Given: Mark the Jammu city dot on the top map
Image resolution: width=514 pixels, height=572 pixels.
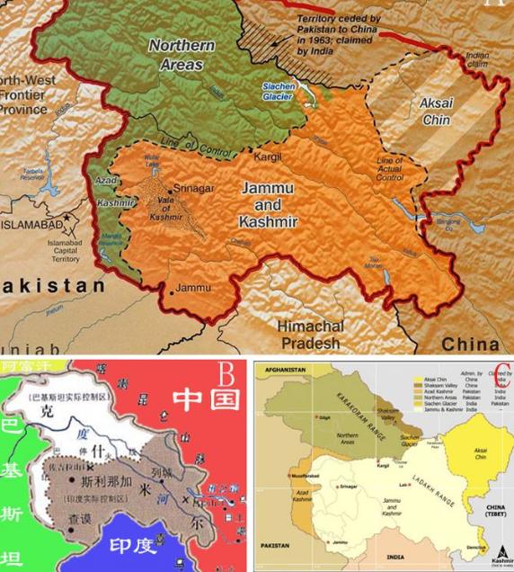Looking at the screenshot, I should [170, 293].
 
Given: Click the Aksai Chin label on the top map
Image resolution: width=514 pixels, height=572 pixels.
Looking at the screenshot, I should [440, 112].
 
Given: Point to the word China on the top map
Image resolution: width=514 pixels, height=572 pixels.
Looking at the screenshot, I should [471, 344].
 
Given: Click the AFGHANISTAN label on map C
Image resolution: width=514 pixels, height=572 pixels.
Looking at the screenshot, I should [281, 370].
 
